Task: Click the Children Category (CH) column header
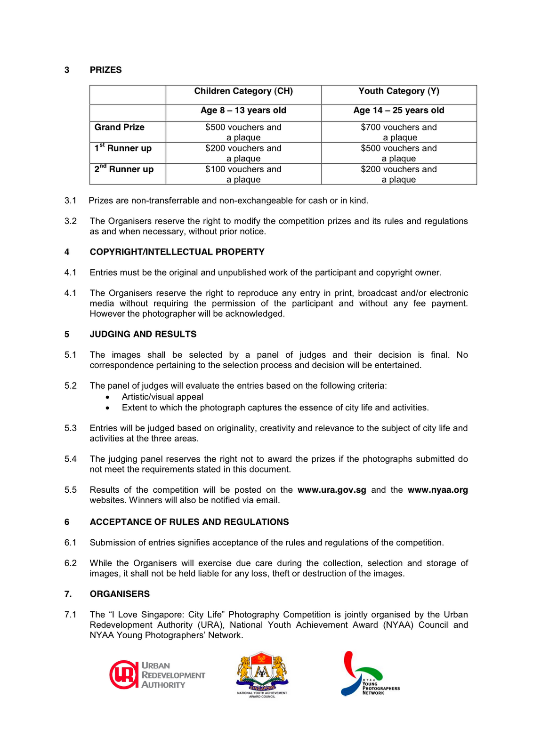tap(243, 91)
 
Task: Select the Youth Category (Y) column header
tap(399, 91)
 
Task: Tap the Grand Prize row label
tap(120, 127)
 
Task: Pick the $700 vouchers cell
tap(399, 132)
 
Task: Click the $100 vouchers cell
tap(243, 174)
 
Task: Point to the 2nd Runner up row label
tap(124, 169)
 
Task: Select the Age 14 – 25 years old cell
tap(399, 111)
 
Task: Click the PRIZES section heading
tap(105, 70)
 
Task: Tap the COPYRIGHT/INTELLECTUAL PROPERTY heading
tap(177, 252)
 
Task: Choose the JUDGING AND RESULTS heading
tap(143, 334)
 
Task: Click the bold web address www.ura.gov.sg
tap(332, 490)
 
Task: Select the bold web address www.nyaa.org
tap(437, 490)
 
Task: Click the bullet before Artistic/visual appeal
tap(108, 397)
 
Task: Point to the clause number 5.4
tap(71, 459)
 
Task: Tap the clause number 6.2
tap(71, 563)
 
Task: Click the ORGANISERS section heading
tap(120, 594)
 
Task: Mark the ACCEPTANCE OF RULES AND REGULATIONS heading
tap(189, 522)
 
